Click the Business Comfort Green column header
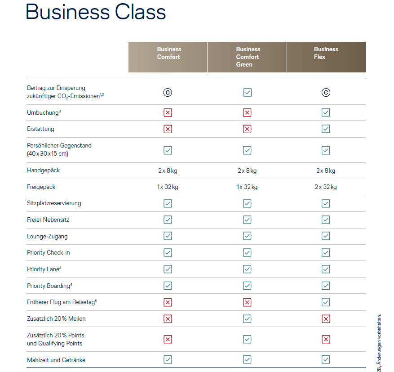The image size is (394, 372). coord(248,57)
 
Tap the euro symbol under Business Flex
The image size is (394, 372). coord(326,93)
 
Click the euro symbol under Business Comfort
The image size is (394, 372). coord(168,93)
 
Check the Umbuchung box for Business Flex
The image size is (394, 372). coord(326,112)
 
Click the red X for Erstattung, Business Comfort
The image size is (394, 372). coord(168,129)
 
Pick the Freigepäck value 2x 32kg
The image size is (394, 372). coord(326,187)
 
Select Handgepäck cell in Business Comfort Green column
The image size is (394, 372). coord(247,170)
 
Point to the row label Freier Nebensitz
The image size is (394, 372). coord(48,220)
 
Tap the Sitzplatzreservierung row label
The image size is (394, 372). coord(54,203)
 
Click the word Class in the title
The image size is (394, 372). coord(141,12)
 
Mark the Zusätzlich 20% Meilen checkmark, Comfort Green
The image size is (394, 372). coord(247,318)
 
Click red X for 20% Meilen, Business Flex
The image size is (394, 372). coord(326,318)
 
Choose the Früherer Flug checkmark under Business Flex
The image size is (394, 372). coord(326,302)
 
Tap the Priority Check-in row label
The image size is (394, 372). coord(49,252)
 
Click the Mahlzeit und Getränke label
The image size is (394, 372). coord(56,360)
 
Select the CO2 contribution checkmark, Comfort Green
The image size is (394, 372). coord(247,93)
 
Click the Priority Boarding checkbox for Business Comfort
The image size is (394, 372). coord(168,286)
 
